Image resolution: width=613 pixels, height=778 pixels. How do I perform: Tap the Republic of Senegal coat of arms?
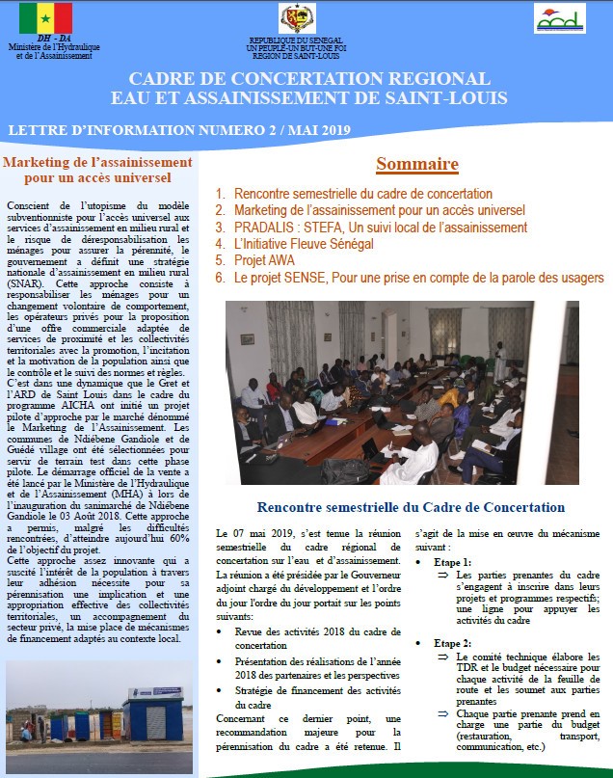(298, 17)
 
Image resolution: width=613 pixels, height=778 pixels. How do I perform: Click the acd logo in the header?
(560, 17)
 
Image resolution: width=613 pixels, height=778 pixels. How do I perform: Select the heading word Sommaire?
(416, 164)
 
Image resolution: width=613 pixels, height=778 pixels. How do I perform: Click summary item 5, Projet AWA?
(265, 260)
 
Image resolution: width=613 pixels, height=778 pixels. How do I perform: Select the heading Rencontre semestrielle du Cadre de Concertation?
(410, 507)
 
